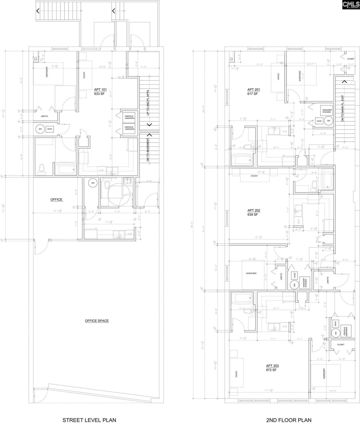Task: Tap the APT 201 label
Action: pyautogui.click(x=254, y=90)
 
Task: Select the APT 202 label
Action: pyautogui.click(x=254, y=210)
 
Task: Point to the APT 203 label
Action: pyautogui.click(x=272, y=366)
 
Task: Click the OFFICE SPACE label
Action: pyautogui.click(x=97, y=321)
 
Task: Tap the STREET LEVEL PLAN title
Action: pyautogui.click(x=89, y=420)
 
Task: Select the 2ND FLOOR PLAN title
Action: pyautogui.click(x=289, y=420)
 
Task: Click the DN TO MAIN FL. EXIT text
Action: pyautogui.click(x=343, y=108)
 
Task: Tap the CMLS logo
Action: pyautogui.click(x=350, y=5)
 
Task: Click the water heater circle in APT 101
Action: pyautogui.click(x=40, y=129)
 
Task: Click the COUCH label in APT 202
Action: pyautogui.click(x=254, y=176)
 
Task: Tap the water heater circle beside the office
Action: pyautogui.click(x=93, y=183)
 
